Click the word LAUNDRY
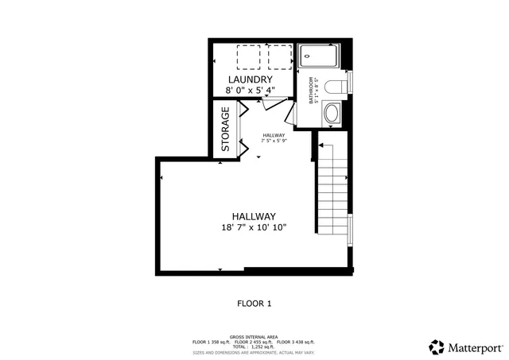(251, 80)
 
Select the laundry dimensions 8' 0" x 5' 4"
(251, 92)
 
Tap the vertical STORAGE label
(226, 130)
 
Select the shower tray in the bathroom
(320, 56)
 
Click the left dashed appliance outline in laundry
(249, 57)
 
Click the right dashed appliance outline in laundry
(279, 57)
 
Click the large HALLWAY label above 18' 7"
(254, 216)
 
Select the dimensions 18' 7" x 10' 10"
(254, 228)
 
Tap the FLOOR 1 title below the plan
(254, 303)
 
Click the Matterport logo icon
(436, 347)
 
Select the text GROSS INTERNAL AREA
(254, 336)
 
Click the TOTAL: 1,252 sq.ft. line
(254, 346)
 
